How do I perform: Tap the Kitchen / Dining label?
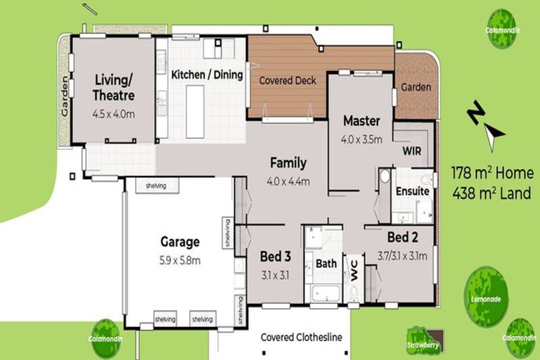click(207, 74)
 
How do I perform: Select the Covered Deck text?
click(288, 80)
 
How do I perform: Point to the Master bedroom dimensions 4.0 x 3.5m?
click(361, 139)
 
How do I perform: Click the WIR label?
click(412, 150)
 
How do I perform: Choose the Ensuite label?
click(412, 191)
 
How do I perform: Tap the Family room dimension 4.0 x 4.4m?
click(288, 181)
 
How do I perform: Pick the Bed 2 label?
click(404, 237)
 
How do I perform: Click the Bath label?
click(326, 264)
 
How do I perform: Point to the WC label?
click(354, 271)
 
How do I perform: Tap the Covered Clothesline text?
click(301, 337)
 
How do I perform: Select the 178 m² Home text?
click(491, 174)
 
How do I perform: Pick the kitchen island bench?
click(195, 112)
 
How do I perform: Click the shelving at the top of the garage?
click(155, 186)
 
